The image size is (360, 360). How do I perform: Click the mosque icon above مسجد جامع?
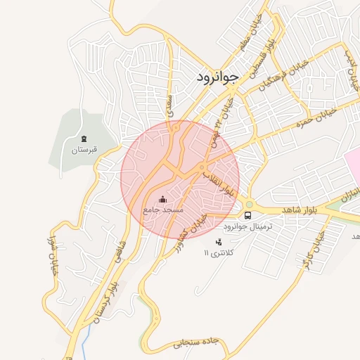(163, 199)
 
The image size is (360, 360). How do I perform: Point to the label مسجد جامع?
(162, 210)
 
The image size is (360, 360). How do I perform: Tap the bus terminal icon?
(247, 215)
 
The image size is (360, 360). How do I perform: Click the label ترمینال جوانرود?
(247, 227)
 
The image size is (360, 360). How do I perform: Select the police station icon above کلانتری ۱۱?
(219, 242)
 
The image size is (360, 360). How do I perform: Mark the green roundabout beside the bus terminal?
(248, 205)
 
